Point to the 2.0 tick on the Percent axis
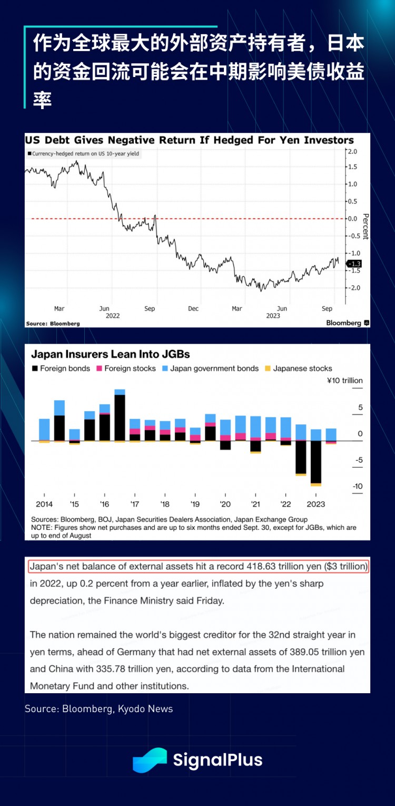point(352,151)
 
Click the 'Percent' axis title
point(366,227)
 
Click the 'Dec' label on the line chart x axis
point(193,308)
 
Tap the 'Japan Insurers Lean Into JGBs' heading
point(111,354)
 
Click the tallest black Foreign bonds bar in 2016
point(120,417)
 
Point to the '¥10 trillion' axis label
point(344,381)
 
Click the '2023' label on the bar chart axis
point(315,504)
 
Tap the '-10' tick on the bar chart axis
point(358,487)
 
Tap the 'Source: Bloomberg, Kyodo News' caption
point(98,709)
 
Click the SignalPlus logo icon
point(150,760)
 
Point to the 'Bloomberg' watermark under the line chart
point(344,323)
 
